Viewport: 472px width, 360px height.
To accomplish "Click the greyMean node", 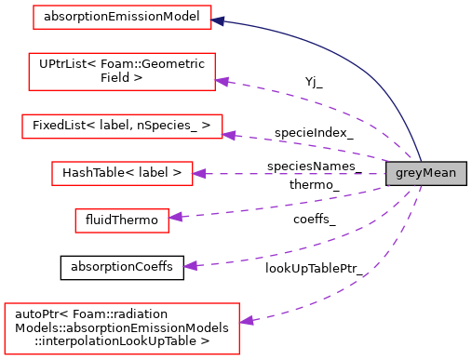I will (425, 174).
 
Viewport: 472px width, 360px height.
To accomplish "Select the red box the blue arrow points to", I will (122, 18).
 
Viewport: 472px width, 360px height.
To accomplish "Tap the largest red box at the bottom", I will (122, 328).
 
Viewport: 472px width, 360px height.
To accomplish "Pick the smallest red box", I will (122, 220).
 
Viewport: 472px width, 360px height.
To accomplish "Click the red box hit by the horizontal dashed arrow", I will (122, 174).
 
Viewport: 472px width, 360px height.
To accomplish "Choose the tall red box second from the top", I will (122, 72).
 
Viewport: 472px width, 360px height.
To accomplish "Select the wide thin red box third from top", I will (122, 127).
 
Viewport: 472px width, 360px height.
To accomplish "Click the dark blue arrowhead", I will (218, 20).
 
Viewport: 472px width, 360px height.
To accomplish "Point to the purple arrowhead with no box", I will (190, 266).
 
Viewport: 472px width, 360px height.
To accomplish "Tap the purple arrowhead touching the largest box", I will (246, 321).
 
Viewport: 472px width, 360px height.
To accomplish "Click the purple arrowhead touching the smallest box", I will (175, 217).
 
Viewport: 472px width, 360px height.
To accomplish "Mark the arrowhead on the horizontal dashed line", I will (198, 174).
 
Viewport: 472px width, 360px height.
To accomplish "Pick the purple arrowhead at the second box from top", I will (222, 81).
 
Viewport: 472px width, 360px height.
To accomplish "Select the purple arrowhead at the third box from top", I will (228, 135).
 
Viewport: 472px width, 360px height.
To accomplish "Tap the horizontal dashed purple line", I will (289, 174).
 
